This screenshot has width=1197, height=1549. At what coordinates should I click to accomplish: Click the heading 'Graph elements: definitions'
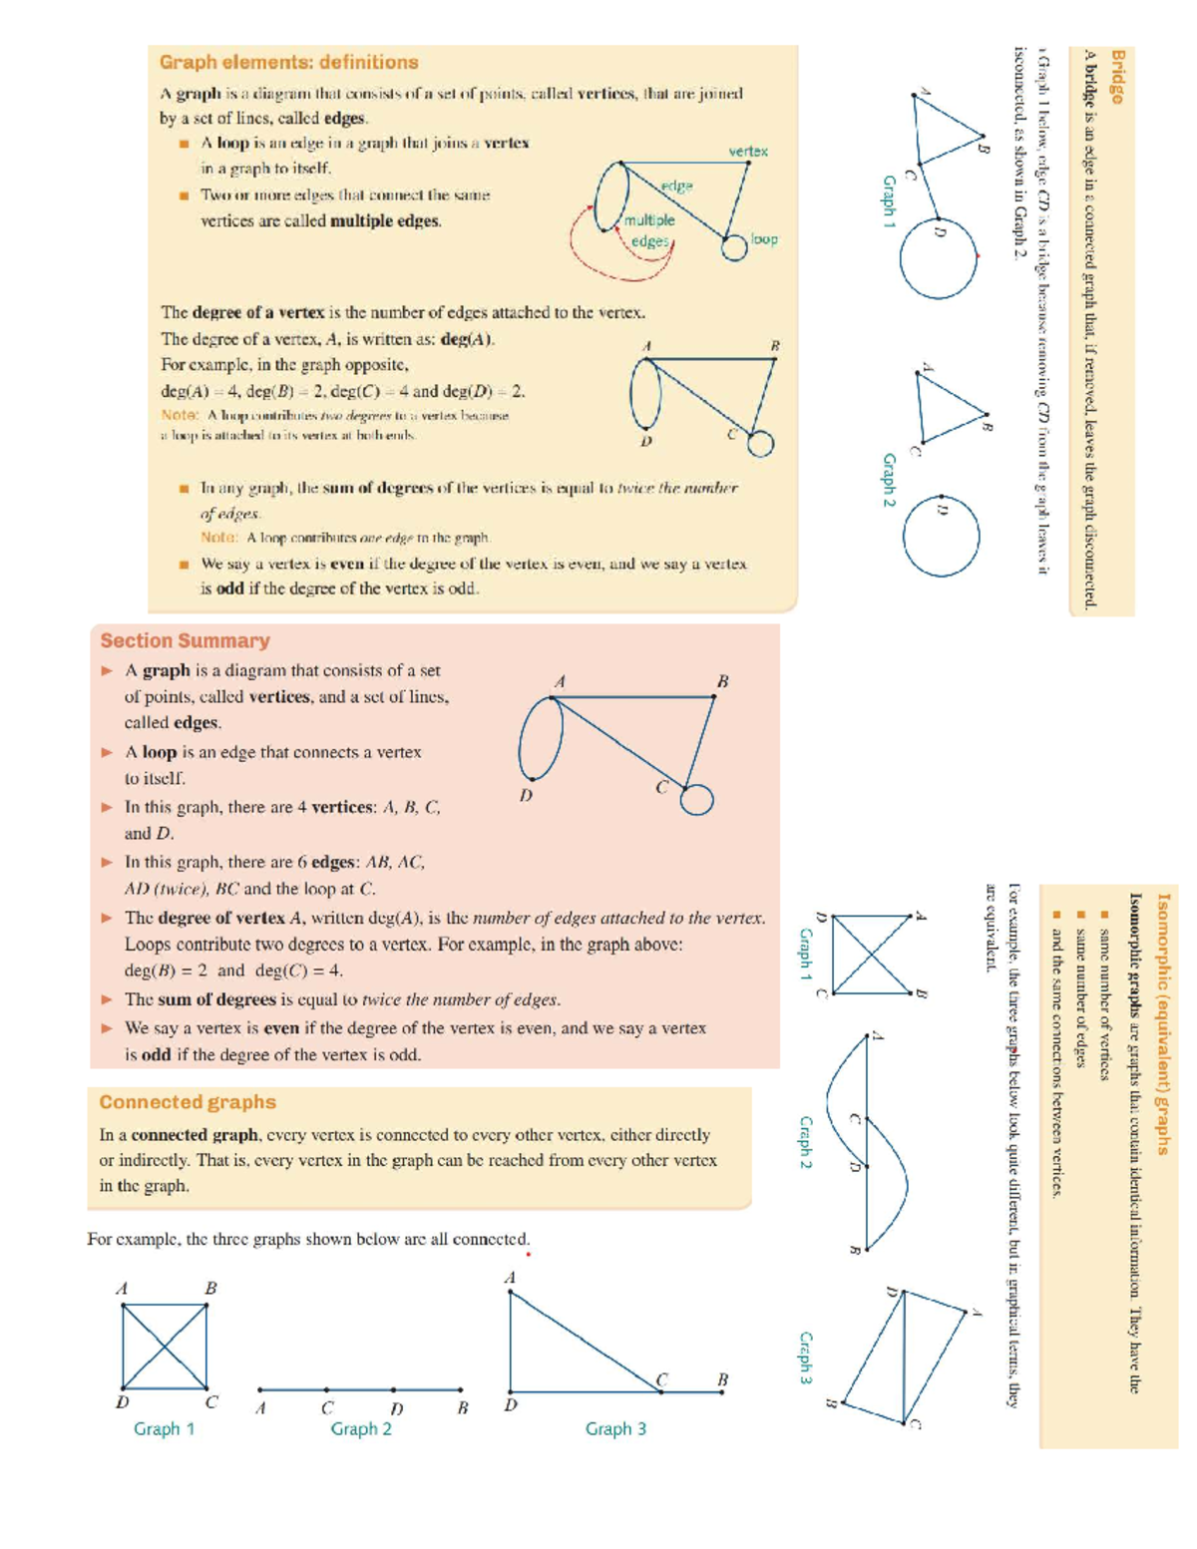point(288,62)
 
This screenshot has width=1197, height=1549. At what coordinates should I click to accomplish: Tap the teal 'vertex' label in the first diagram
point(747,151)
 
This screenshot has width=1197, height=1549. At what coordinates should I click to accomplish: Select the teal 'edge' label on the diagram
point(676,186)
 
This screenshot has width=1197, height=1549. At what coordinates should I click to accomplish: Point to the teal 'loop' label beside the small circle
point(764,239)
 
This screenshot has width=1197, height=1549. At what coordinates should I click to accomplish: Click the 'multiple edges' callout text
point(649,230)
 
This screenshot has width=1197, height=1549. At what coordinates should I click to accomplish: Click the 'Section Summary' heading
point(185,640)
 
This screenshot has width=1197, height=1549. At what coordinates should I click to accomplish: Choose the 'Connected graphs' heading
point(188,1102)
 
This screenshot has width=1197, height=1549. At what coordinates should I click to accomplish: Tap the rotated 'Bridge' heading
point(1117,77)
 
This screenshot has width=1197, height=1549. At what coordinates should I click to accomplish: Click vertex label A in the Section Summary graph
point(560,681)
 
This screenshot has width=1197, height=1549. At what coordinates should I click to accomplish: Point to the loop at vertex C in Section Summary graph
point(697,799)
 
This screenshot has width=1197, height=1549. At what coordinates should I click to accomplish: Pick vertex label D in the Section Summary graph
point(526,795)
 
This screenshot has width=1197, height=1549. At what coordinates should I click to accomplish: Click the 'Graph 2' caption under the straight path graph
point(361,1428)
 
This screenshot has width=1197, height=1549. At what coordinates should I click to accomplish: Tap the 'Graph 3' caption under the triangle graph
point(615,1428)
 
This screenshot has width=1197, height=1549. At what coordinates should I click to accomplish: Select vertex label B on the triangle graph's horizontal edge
point(722,1379)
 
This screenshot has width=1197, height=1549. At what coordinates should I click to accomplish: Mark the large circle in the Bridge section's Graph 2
point(941,536)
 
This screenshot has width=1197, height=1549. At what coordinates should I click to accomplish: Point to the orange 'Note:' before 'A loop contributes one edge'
point(218,538)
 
